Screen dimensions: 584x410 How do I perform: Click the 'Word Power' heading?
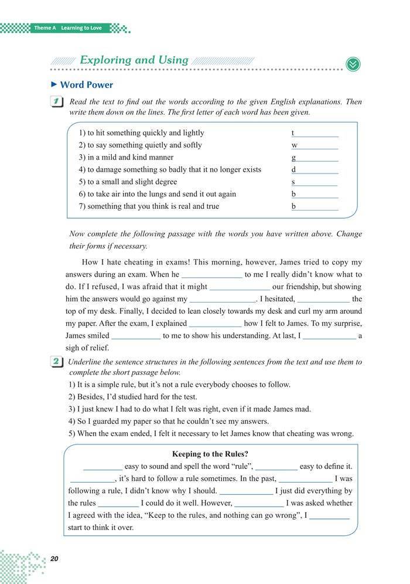coord(87,85)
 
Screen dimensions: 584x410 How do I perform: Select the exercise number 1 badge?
coord(57,102)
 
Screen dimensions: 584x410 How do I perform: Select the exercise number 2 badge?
coord(57,362)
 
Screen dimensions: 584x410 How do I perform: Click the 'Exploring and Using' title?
coord(134,60)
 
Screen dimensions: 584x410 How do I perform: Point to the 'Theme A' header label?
coord(45,28)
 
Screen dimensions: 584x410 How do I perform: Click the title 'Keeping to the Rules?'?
coord(210,454)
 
